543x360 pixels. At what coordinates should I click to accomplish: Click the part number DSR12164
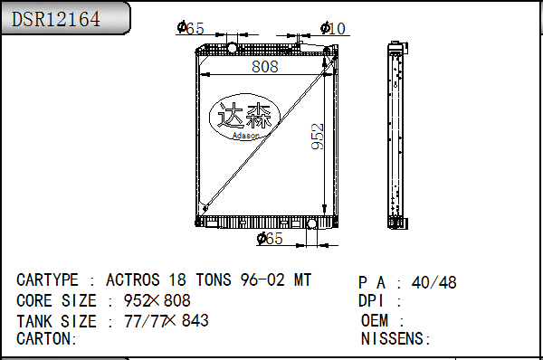tap(56, 19)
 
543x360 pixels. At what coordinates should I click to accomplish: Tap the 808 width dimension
tap(265, 66)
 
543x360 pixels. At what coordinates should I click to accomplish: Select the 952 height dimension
tap(318, 137)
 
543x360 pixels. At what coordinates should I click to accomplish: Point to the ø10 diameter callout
tap(333, 28)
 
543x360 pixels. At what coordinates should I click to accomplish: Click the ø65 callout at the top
tap(190, 28)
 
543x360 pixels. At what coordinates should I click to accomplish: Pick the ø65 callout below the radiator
tap(270, 238)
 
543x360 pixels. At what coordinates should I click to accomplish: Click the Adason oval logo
tap(245, 117)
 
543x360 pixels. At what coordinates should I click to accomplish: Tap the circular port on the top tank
tap(232, 47)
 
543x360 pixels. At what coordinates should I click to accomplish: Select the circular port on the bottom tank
tap(311, 223)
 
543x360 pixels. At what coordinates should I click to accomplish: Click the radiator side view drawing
tap(397, 135)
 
